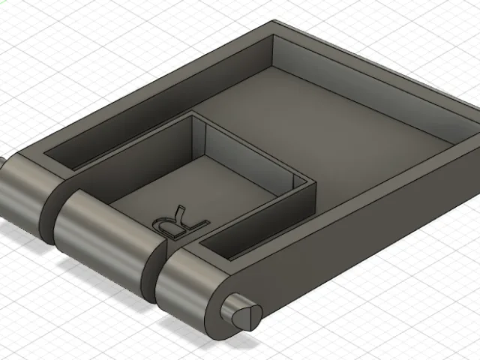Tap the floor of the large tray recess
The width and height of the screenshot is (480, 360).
(x=331, y=135)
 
